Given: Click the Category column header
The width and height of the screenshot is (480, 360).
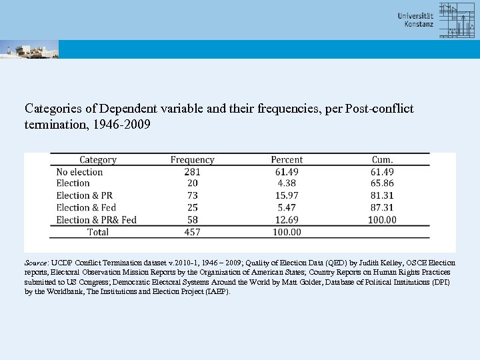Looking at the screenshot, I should click(x=98, y=160).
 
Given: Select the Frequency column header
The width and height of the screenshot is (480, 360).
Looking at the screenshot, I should click(x=192, y=160).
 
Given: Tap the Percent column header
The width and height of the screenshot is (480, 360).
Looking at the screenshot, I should click(x=287, y=160).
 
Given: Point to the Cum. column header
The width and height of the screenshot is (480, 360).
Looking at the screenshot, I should click(x=383, y=160).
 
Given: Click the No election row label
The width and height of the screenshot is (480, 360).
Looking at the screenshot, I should click(x=79, y=172).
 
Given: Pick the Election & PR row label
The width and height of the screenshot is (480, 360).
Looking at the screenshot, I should click(x=84, y=196).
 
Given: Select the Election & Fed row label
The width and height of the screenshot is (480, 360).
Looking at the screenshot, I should click(x=86, y=208).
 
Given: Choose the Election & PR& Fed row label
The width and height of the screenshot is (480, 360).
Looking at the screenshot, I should click(x=96, y=220).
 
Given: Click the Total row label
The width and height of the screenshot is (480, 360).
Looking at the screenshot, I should click(x=98, y=232).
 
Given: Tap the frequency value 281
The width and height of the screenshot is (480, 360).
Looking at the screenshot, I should click(x=192, y=172).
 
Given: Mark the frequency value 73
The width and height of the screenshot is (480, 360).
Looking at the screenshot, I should click(x=192, y=196).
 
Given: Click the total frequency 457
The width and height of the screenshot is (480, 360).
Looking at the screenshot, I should click(x=192, y=232).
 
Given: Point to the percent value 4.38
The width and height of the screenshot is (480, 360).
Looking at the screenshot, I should click(x=287, y=184).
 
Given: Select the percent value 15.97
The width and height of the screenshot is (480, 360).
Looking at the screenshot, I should click(x=287, y=196).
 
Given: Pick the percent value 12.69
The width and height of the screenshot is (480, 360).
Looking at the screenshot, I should click(x=287, y=220).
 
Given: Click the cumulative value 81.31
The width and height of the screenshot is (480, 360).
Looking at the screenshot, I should click(x=383, y=196).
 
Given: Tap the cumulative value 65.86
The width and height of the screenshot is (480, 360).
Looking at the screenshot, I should click(x=383, y=184).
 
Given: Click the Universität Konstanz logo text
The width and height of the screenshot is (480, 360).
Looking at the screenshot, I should click(x=415, y=19).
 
